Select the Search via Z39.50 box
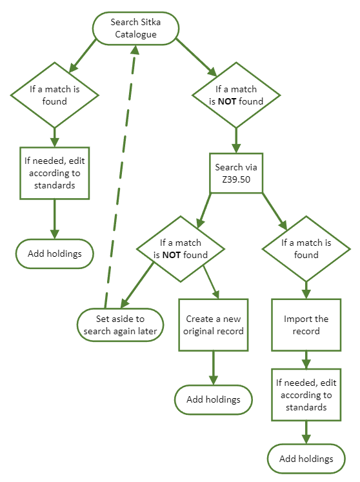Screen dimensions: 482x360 click(235, 172)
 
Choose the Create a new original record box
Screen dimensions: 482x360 click(214, 325)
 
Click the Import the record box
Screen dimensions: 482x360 click(306, 325)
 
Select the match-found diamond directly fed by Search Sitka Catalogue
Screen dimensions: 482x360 click(54, 95)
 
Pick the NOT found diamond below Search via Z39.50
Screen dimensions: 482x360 click(180, 248)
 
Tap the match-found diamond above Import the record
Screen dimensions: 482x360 click(306, 248)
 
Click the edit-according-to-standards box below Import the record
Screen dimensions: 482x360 click(306, 395)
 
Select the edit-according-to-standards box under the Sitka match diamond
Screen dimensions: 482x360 click(55, 172)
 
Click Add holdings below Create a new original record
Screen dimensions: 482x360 click(214, 399)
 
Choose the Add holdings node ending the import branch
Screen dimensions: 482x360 click(306, 459)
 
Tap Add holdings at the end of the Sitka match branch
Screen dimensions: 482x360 click(55, 253)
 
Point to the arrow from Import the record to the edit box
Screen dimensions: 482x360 click(306, 359)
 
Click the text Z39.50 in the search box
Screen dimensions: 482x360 click(235, 178)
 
